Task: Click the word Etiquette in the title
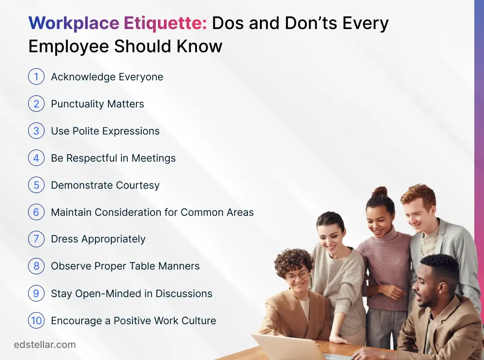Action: click(165, 23)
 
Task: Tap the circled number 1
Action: click(36, 77)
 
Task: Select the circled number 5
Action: click(36, 185)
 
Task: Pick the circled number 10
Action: click(36, 321)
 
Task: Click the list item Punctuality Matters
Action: click(97, 104)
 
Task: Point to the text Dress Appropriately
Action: click(98, 240)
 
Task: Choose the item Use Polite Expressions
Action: click(105, 131)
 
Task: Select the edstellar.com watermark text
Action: click(45, 345)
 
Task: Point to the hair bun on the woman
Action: click(380, 191)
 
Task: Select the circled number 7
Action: click(36, 240)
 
